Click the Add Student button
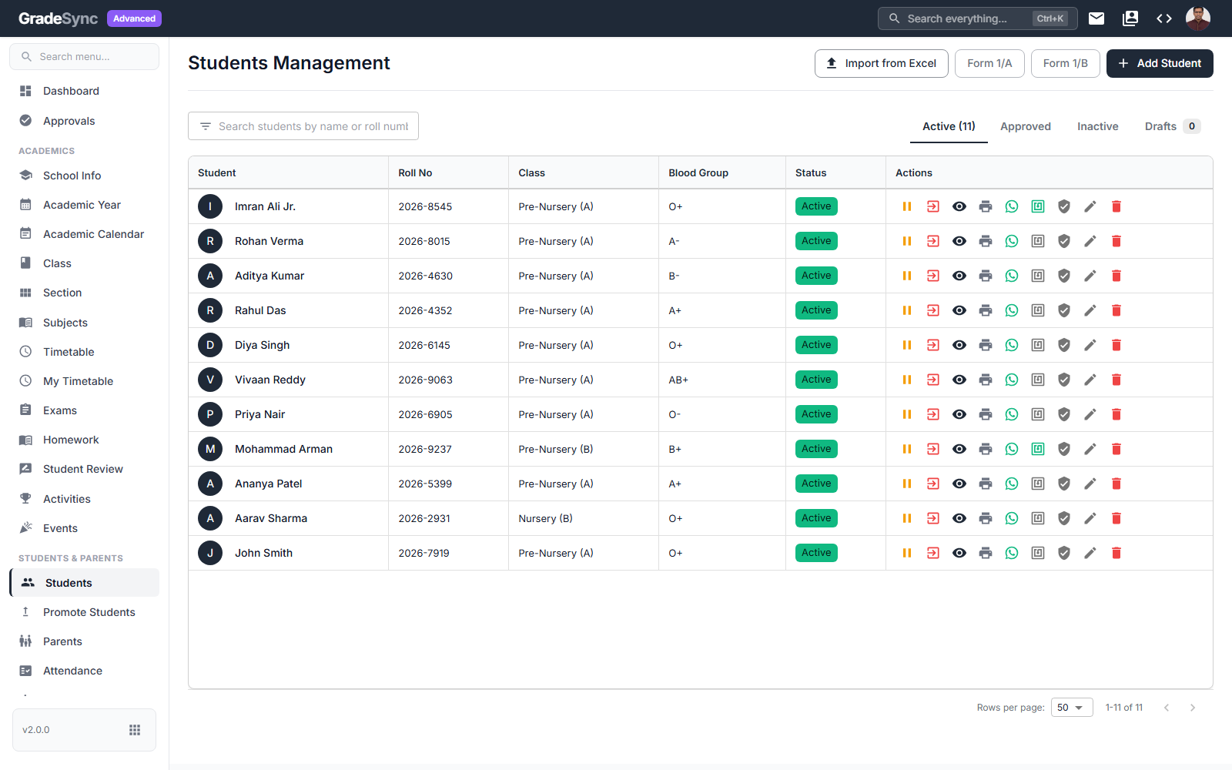(x=1160, y=63)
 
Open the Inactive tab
(x=1097, y=126)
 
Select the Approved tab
(x=1025, y=126)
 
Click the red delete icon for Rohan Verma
(x=1116, y=241)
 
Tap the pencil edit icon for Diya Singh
(x=1090, y=345)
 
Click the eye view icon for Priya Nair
(x=959, y=414)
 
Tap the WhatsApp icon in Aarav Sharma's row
(x=1012, y=518)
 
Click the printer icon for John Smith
(x=986, y=553)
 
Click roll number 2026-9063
(x=425, y=380)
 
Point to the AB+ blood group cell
(x=678, y=380)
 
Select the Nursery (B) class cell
(x=545, y=518)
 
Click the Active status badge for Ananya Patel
(x=816, y=484)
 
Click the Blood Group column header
(x=698, y=172)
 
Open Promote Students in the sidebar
(x=89, y=612)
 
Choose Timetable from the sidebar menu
(x=69, y=352)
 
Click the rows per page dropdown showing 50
(x=1071, y=708)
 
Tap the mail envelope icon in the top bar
(x=1096, y=18)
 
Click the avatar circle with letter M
(x=210, y=449)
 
